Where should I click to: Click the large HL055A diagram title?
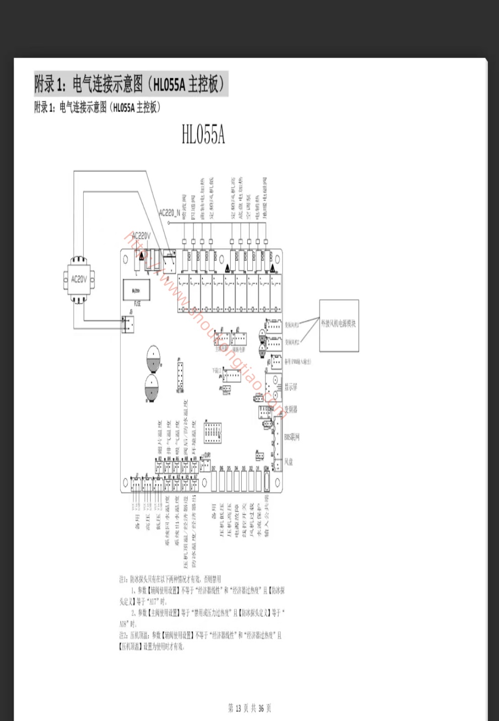click(x=203, y=135)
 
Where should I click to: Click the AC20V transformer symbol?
click(x=79, y=279)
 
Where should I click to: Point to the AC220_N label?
click(x=169, y=213)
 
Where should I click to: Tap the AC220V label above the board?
click(x=141, y=236)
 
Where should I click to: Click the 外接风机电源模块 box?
click(x=339, y=325)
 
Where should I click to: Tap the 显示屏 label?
click(x=291, y=387)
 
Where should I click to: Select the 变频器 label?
click(x=291, y=409)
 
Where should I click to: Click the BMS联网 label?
click(x=292, y=437)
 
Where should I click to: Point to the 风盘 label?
click(x=288, y=461)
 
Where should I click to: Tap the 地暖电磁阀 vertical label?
click(x=266, y=197)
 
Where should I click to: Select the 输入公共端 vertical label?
click(x=267, y=515)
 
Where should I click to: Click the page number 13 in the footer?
click(x=239, y=708)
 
